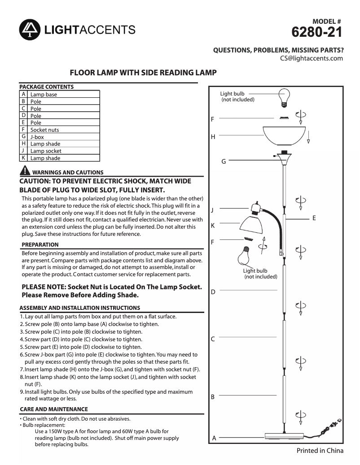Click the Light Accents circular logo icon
pos(30,30)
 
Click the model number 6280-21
pos(317,32)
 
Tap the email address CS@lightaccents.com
pos(312,58)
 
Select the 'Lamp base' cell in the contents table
pos(44,95)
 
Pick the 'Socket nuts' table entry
pos(44,130)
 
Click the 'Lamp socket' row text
pos(46,151)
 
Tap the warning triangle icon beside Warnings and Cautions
pos(25,171)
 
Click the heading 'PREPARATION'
pos(40,245)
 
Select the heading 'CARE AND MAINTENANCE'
pos(54,409)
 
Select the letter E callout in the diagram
pos(314,218)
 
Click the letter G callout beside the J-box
pos(223,161)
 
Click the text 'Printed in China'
pos(320,451)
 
